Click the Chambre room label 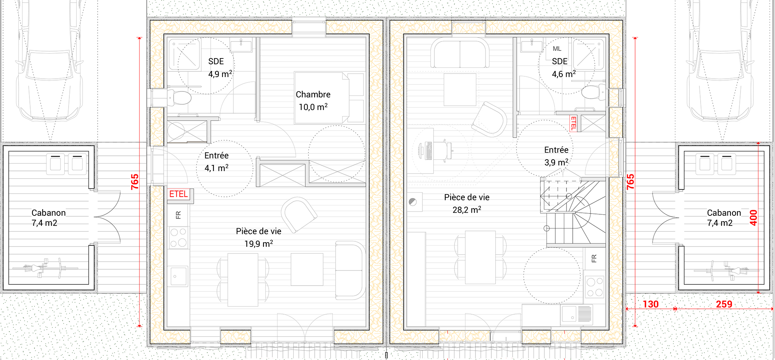[x=313, y=95]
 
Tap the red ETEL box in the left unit [x=179, y=194]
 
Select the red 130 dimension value [x=651, y=304]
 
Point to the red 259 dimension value [x=724, y=304]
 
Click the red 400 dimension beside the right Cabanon [x=753, y=218]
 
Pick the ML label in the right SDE [x=557, y=49]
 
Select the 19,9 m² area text [x=258, y=244]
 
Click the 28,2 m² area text [x=467, y=210]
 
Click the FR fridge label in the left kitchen [x=178, y=215]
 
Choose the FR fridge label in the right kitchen [x=594, y=258]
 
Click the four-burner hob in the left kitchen [x=178, y=238]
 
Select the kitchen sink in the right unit [x=577, y=314]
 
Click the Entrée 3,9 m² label [x=556, y=156]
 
